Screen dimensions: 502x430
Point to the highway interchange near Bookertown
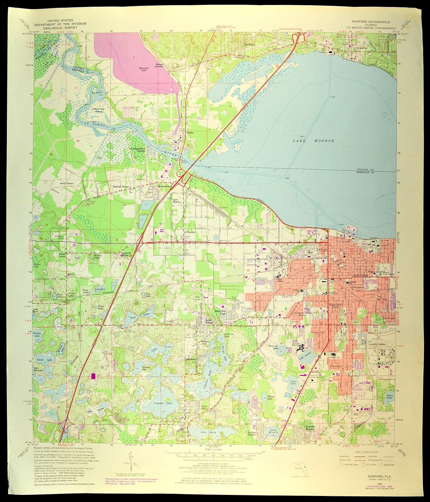pyautogui.click(x=183, y=176)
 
